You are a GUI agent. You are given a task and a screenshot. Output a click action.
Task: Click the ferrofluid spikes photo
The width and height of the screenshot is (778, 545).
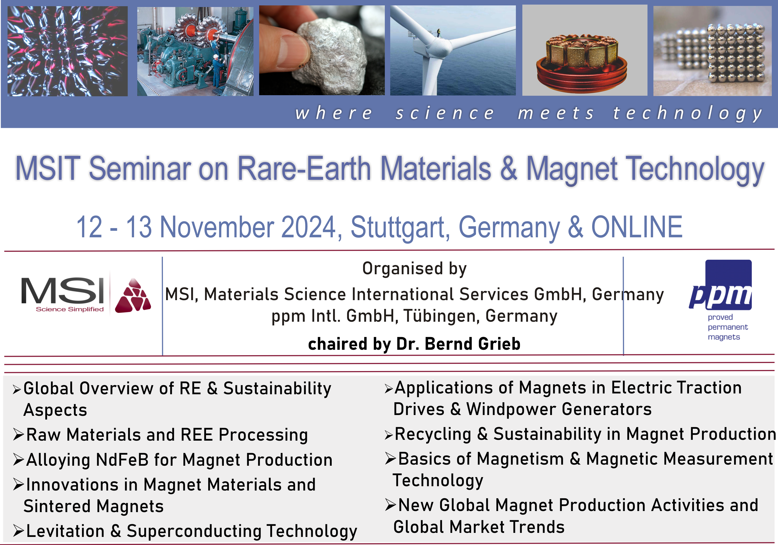point(67,51)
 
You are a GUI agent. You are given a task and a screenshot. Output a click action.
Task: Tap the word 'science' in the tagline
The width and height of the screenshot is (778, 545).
point(445,113)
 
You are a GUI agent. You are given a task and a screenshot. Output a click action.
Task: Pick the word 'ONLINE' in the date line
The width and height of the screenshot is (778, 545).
point(637,227)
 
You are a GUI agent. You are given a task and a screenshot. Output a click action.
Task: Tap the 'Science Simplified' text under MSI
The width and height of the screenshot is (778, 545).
point(70,309)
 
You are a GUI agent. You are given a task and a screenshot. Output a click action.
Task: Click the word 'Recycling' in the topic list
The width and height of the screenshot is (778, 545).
point(433,434)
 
